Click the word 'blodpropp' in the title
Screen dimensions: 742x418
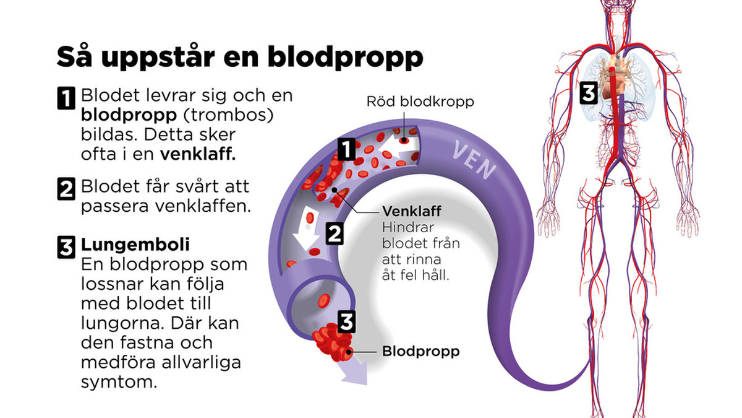[345, 57]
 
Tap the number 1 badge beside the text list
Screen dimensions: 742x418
[66, 98]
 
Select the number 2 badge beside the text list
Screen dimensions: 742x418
[66, 189]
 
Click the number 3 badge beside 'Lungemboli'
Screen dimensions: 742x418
[66, 247]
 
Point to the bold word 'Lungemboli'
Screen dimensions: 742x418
[135, 245]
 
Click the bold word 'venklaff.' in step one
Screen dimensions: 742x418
[198, 154]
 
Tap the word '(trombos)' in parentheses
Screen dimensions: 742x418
[228, 115]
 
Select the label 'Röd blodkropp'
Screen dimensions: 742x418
[420, 102]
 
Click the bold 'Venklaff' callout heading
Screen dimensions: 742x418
[412, 211]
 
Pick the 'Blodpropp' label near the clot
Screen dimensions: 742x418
[420, 352]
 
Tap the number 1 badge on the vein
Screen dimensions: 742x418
[346, 150]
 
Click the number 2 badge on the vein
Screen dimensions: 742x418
[335, 234]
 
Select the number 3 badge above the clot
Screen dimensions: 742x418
[346, 322]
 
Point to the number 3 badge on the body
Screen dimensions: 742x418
[588, 94]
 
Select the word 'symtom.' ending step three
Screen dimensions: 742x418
[119, 382]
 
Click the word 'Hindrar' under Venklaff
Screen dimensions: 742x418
[408, 228]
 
